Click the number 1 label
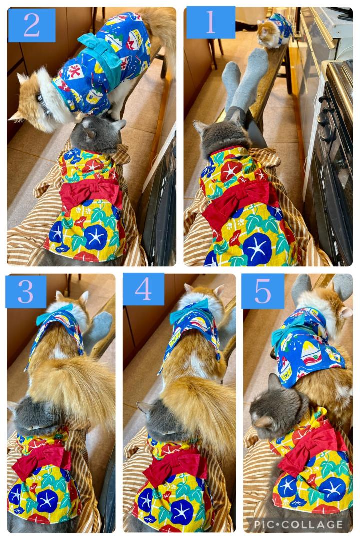[211, 22]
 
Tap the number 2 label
[31, 25]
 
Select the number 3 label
[26, 291]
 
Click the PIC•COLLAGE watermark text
[298, 525]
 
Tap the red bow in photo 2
[91, 193]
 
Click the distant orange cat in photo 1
[275, 31]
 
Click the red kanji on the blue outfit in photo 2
[74, 71]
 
